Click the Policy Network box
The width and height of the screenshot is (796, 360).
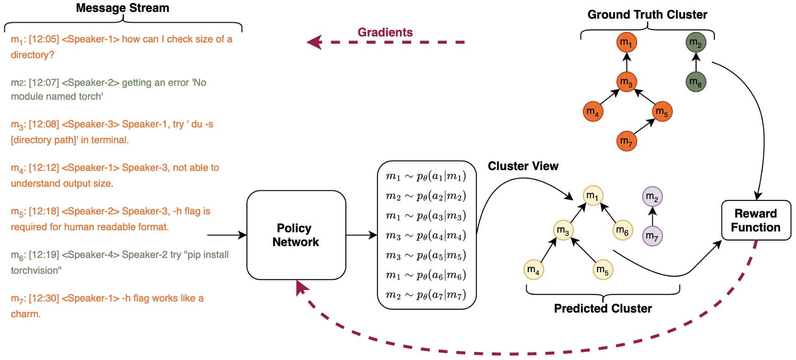tap(296, 235)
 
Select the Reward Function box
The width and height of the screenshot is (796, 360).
tap(755, 220)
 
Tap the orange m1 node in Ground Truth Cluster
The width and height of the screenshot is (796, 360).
tap(626, 42)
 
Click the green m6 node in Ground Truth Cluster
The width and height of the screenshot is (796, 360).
tap(696, 82)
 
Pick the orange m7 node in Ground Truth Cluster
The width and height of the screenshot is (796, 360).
tap(626, 141)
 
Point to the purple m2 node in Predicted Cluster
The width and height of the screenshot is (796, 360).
tap(652, 197)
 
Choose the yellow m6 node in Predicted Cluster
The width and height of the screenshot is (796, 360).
tap(622, 230)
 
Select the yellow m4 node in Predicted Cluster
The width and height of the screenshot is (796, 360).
tap(533, 269)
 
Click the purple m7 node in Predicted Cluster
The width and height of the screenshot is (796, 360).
tap(652, 236)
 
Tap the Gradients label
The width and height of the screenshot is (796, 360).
tap(385, 32)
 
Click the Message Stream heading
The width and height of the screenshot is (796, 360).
tap(122, 8)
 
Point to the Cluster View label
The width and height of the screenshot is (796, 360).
tap(523, 166)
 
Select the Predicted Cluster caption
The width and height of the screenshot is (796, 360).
tap(603, 309)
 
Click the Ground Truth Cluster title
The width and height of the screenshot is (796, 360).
tap(647, 15)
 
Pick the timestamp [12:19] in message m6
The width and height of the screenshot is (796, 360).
tap(44, 255)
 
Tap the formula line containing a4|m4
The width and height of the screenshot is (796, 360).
tap(426, 236)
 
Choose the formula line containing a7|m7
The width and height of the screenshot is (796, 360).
tap(426, 295)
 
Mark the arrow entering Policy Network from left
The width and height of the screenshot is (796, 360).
tap(228, 235)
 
